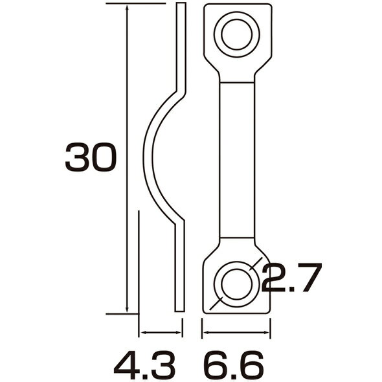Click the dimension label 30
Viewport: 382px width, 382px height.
(91, 157)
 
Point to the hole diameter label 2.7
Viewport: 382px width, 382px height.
(291, 277)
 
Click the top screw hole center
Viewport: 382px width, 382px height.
(237, 34)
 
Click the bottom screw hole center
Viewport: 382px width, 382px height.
(237, 284)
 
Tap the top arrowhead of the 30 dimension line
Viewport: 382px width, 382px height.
(127, 7)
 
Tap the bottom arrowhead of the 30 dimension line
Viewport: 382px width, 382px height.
(127, 310)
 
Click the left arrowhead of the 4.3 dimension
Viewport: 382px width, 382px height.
(142, 332)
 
